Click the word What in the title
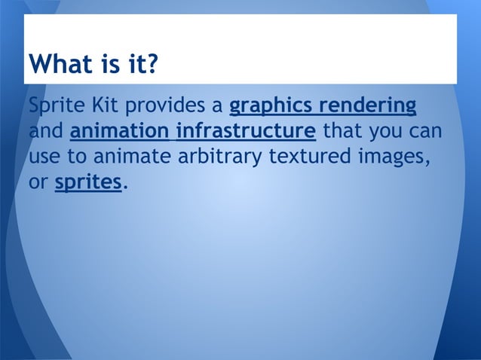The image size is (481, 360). pos(58,65)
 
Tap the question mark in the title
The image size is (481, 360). pos(151,65)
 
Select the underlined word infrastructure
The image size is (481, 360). pos(245,131)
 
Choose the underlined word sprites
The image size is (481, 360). pos(87,184)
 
